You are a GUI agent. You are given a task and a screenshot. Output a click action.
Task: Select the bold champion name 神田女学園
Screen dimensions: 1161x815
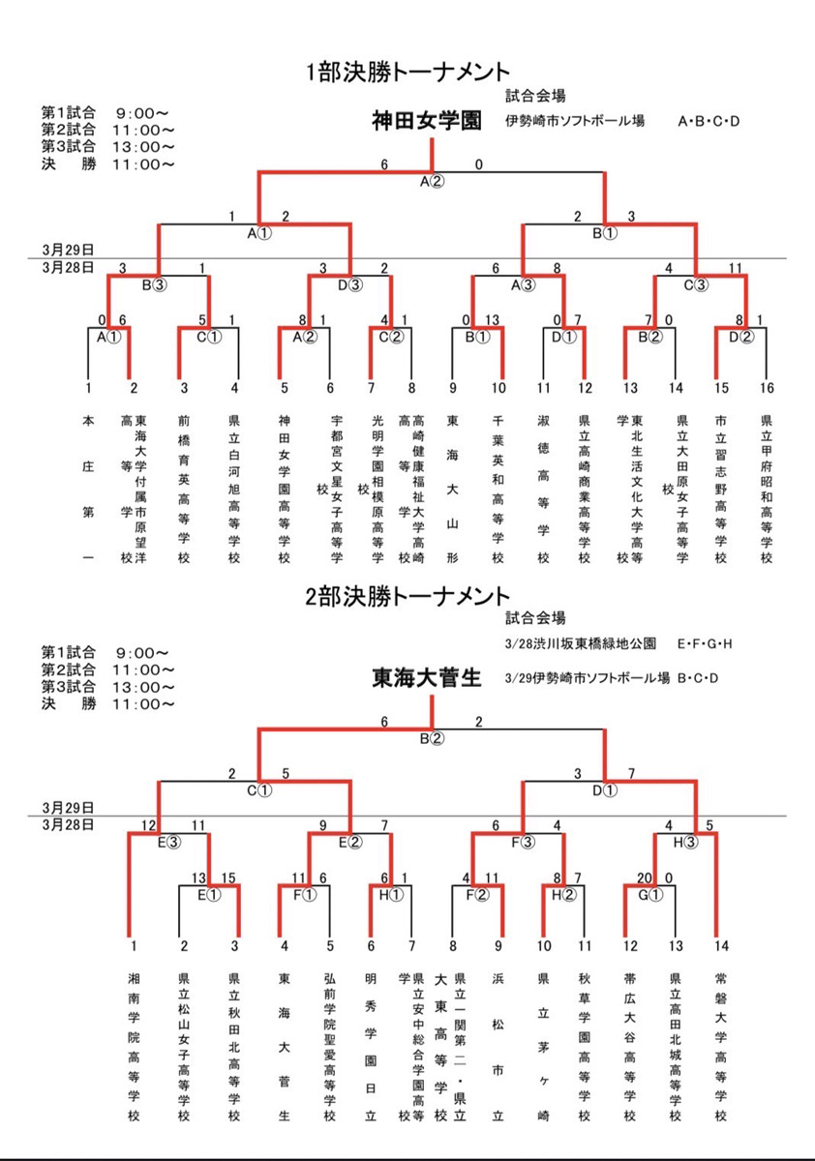point(426,121)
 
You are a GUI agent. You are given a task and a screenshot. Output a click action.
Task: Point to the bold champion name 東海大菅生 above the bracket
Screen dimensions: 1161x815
point(426,678)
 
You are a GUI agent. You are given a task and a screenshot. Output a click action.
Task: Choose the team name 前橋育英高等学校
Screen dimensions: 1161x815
point(184,490)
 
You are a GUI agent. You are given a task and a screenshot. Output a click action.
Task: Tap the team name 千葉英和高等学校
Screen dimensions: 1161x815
point(498,490)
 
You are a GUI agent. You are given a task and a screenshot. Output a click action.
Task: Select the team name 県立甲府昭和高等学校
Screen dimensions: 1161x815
point(767,490)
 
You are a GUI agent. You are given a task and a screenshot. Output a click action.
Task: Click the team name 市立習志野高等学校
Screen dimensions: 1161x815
point(720,490)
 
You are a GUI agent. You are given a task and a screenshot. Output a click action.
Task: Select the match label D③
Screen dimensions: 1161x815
point(349,284)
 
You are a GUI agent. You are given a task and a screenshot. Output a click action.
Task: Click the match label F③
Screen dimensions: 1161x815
point(523,841)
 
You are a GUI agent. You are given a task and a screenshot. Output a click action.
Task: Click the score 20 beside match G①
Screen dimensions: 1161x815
point(643,878)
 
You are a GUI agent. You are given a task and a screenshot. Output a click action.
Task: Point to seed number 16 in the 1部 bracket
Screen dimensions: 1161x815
point(767,389)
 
